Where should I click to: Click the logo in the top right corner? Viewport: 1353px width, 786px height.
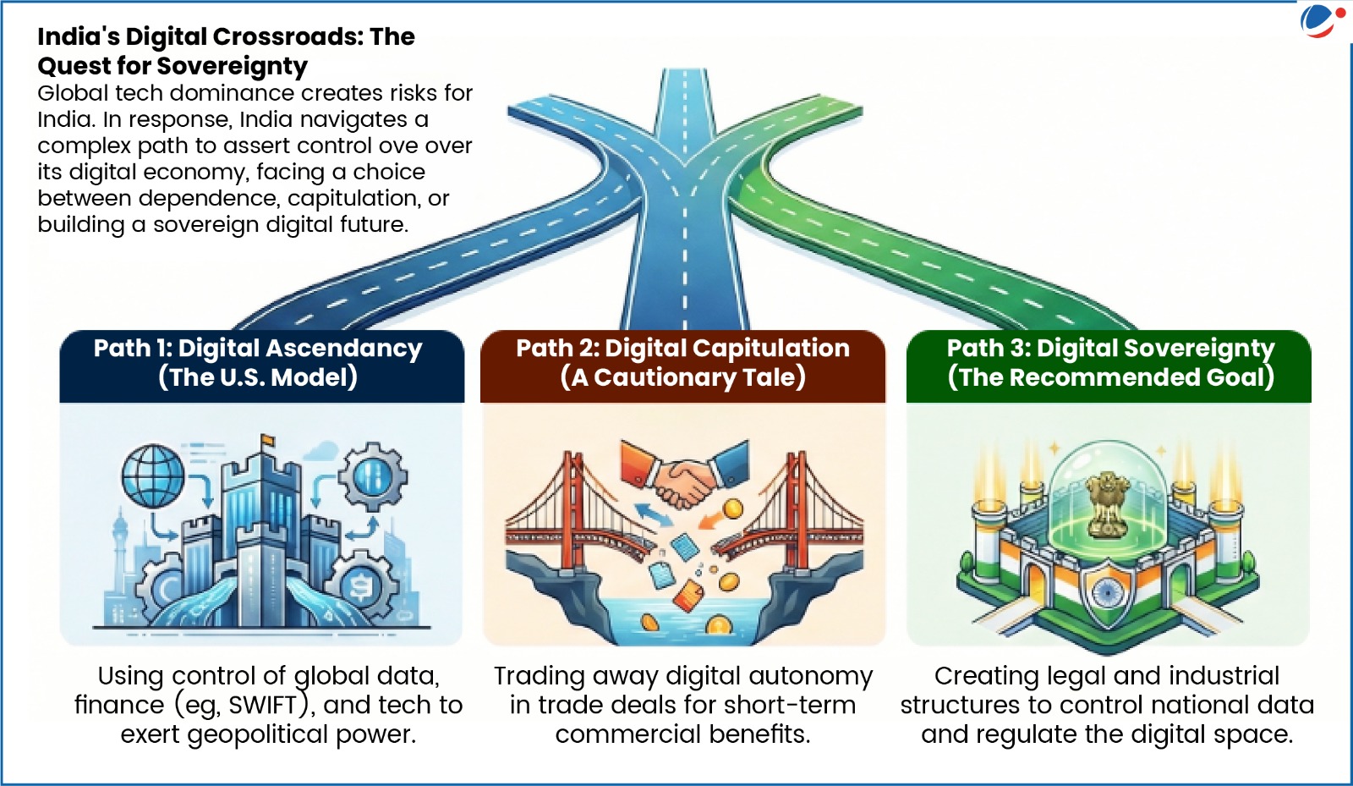click(1320, 21)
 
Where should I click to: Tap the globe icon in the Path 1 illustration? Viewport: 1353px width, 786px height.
click(153, 476)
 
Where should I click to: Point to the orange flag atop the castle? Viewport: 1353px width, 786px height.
click(268, 440)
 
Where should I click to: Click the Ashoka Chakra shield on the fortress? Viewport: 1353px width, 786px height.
click(1106, 591)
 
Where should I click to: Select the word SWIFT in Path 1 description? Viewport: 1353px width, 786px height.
click(263, 705)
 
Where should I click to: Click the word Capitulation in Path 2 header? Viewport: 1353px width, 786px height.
click(769, 348)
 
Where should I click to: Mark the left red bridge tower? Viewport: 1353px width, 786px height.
click(575, 508)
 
